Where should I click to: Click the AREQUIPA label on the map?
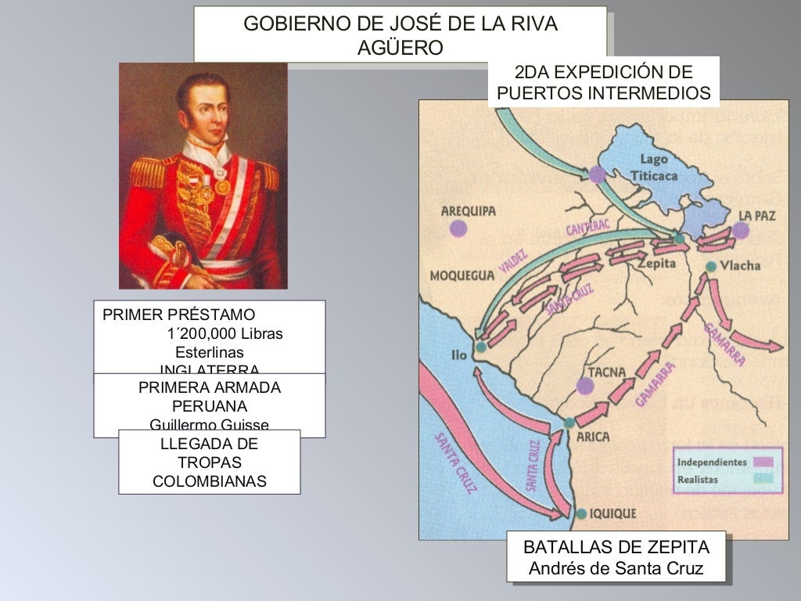pyautogui.click(x=469, y=211)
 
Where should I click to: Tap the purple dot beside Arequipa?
pyautogui.click(x=458, y=229)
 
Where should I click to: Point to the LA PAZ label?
pyautogui.click(x=757, y=215)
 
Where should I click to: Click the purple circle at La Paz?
pyautogui.click(x=741, y=230)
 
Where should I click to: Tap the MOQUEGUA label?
pyautogui.click(x=462, y=275)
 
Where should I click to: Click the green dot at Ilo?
pyautogui.click(x=480, y=346)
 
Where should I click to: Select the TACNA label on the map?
pyautogui.click(x=606, y=372)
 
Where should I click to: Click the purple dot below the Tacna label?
pyautogui.click(x=584, y=385)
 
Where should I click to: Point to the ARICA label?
pyautogui.click(x=592, y=437)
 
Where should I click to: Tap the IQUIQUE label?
pyautogui.click(x=612, y=513)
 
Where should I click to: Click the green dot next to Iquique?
pyautogui.click(x=581, y=513)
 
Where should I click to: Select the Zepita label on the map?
pyautogui.click(x=657, y=264)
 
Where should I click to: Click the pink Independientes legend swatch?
pyautogui.click(x=762, y=462)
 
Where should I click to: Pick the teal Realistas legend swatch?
pyautogui.click(x=762, y=479)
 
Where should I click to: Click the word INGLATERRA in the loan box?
pyautogui.click(x=209, y=369)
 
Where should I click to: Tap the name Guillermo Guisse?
pyautogui.click(x=209, y=425)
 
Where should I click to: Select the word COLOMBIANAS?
pyautogui.click(x=209, y=481)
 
